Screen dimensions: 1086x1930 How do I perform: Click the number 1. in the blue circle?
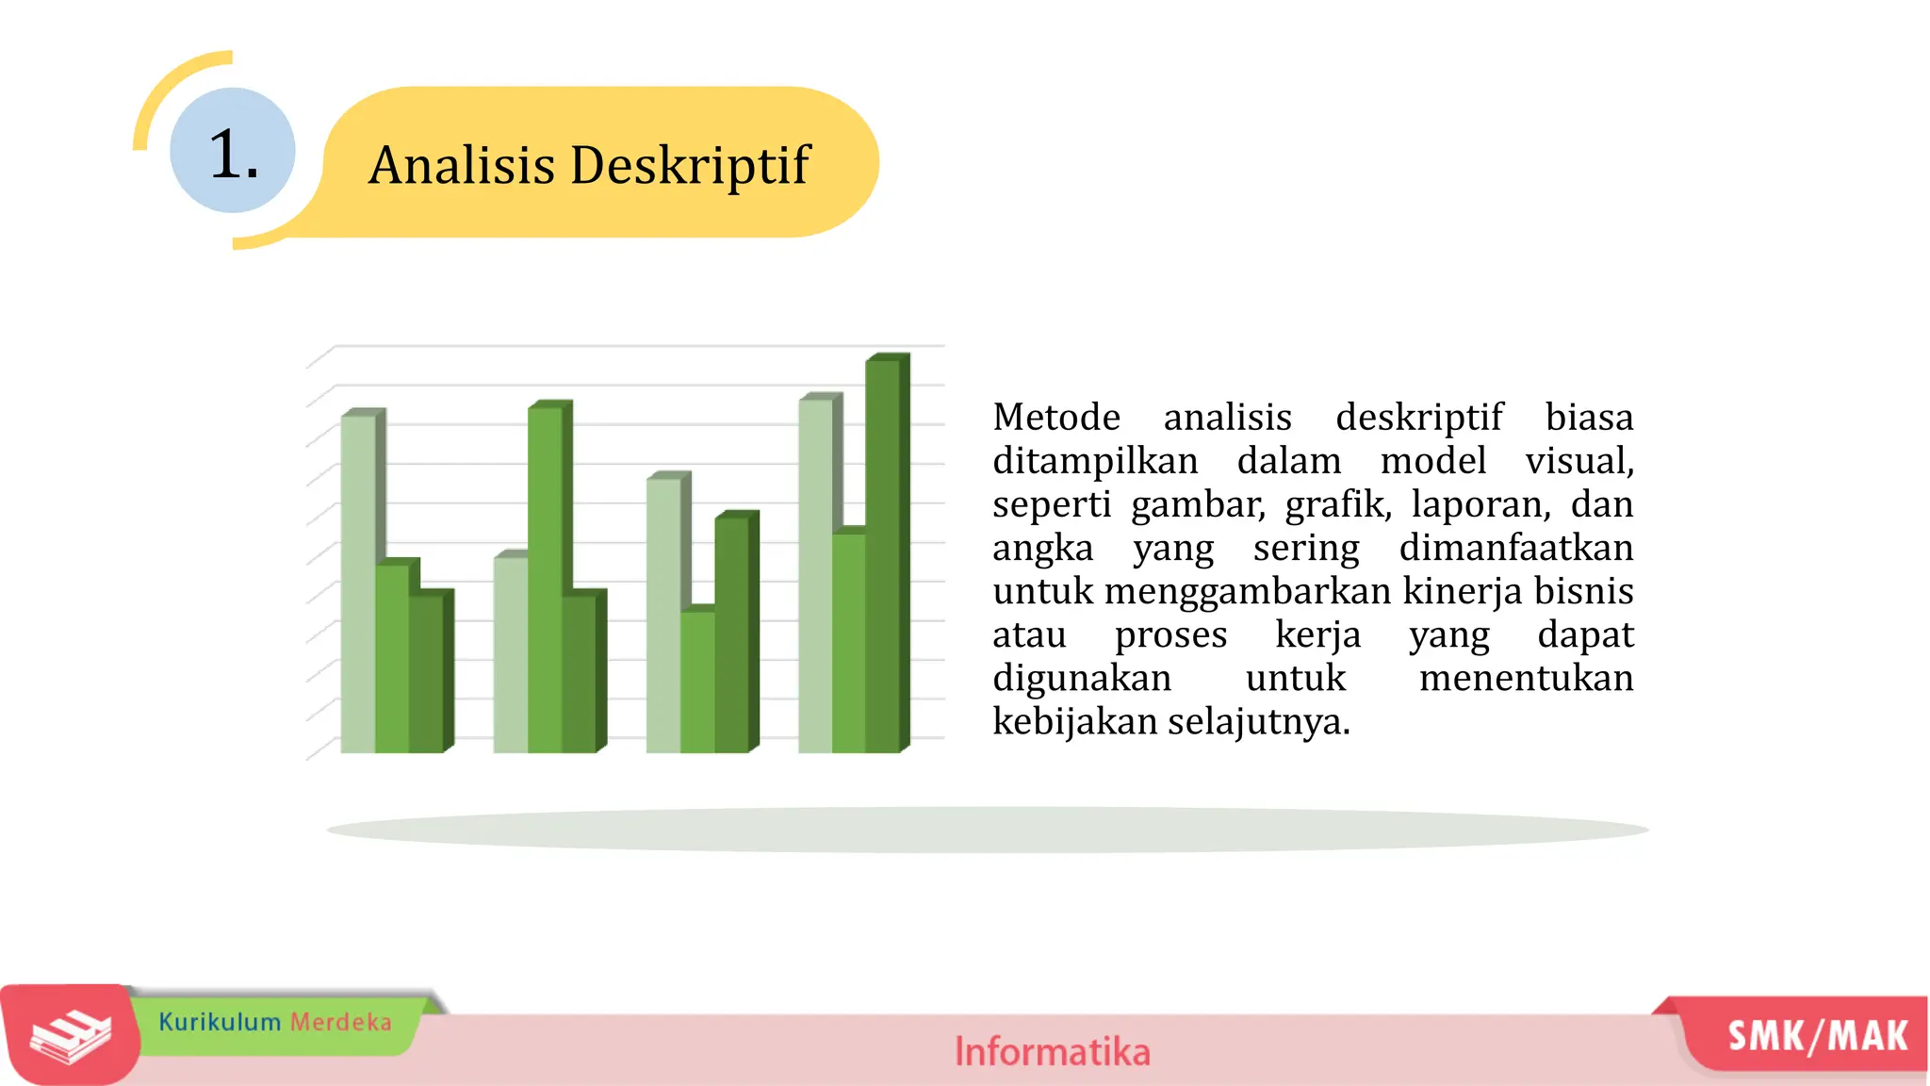pyautogui.click(x=233, y=154)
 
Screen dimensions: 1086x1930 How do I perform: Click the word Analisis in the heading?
pyautogui.click(x=462, y=166)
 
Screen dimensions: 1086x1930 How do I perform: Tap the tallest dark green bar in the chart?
pyautogui.click(x=883, y=556)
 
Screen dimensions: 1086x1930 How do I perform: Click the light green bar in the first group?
pyautogui.click(x=357, y=584)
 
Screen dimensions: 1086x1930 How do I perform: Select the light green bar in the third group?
pyautogui.click(x=662, y=613)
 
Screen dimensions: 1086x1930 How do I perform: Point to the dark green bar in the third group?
pyautogui.click(x=732, y=632)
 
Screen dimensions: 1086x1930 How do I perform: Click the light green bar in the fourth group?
pyautogui.click(x=815, y=575)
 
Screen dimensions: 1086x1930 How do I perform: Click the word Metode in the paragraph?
pyautogui.click(x=1056, y=417)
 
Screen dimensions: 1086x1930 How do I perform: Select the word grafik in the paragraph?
pyautogui.click(x=1337, y=504)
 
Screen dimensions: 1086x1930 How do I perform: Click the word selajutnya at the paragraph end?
pyautogui.click(x=1258, y=722)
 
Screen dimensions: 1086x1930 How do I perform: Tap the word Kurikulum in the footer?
pyautogui.click(x=220, y=1022)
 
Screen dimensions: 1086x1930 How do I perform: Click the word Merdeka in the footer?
pyautogui.click(x=340, y=1022)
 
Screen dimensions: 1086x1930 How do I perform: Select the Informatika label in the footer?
pyautogui.click(x=1052, y=1051)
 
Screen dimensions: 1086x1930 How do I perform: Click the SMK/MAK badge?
pyautogui.click(x=1817, y=1036)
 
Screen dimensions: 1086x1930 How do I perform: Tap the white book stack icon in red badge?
pyautogui.click(x=70, y=1036)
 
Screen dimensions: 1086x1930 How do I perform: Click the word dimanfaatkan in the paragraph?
pyautogui.click(x=1515, y=548)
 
